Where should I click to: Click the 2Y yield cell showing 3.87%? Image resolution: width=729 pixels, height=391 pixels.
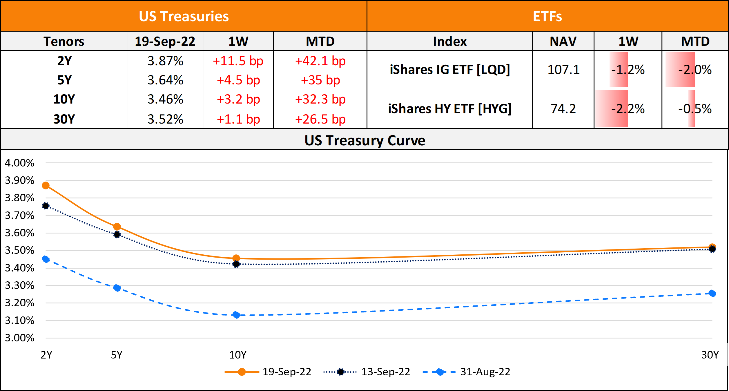coord(165,61)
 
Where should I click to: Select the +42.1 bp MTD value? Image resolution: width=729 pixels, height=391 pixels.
coord(320,61)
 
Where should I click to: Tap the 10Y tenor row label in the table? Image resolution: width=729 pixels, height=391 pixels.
coord(64,99)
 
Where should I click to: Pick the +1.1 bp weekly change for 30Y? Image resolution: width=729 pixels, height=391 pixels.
coord(238,119)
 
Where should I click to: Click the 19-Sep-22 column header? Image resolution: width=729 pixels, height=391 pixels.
coord(165,41)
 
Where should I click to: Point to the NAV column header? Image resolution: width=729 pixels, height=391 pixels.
coord(563,41)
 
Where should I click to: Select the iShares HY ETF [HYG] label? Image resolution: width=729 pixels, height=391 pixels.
coord(449,109)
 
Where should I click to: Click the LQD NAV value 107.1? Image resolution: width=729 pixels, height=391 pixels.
coord(563,70)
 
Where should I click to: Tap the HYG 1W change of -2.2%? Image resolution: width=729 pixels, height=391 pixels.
coord(628,109)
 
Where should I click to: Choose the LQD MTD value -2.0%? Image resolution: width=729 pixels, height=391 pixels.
coord(695,70)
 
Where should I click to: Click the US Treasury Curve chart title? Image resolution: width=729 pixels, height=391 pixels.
coord(365,140)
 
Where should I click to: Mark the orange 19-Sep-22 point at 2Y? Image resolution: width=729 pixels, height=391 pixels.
coord(46,186)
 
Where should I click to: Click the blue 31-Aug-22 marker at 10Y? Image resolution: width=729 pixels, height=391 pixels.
coord(236,315)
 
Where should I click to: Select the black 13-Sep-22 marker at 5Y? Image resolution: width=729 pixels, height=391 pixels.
coord(117,234)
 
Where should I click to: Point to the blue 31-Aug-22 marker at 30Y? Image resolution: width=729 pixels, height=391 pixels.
coord(712,294)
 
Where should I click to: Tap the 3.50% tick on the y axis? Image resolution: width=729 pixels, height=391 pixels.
coord(20,251)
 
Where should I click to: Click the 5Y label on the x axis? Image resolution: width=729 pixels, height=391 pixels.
coord(117,355)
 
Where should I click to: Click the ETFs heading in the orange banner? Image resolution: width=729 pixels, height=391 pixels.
coord(547,16)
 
